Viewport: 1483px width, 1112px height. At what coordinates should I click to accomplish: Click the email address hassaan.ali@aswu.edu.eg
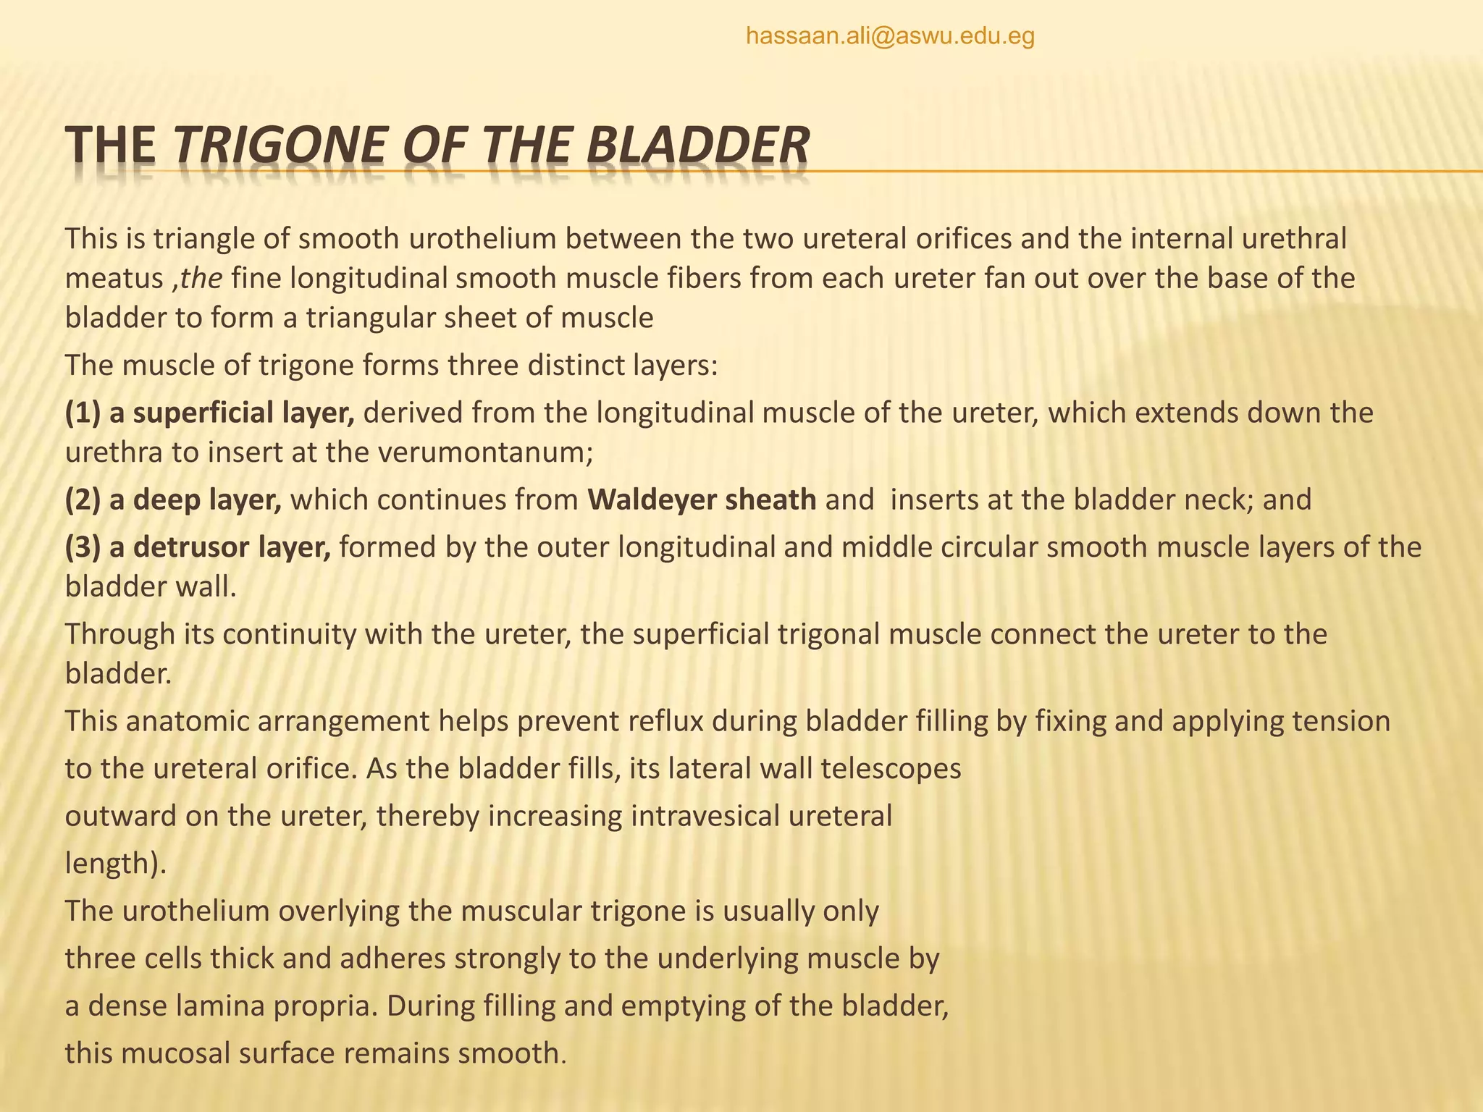click(x=890, y=35)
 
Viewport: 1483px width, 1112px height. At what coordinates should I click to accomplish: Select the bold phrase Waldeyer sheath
click(x=702, y=500)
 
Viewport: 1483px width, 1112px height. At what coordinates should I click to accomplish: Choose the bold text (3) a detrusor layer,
click(x=198, y=547)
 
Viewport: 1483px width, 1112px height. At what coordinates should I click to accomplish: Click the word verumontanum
click(x=484, y=453)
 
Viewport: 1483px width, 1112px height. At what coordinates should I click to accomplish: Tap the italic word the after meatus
click(x=201, y=279)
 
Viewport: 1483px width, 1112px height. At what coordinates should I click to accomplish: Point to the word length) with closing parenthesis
click(x=115, y=864)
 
